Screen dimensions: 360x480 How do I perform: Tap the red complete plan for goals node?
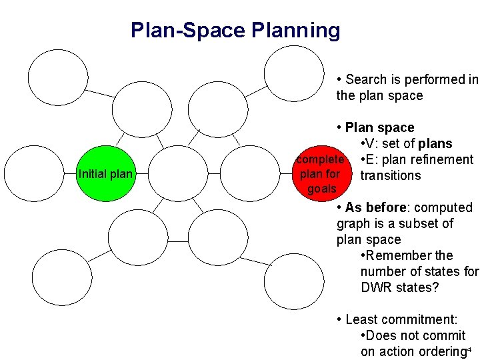tap(321, 173)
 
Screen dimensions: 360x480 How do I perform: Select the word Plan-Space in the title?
tap(189, 31)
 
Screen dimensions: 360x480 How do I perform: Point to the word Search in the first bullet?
tap(367, 80)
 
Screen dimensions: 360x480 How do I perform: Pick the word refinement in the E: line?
tap(440, 160)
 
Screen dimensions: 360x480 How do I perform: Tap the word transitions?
tap(391, 176)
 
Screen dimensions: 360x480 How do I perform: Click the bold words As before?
tap(375, 208)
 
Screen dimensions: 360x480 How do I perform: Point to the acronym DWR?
tap(376, 288)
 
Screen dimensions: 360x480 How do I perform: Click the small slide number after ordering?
tap(469, 349)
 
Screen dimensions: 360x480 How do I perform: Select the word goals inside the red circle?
tap(322, 189)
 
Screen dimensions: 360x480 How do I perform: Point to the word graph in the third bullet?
tap(353, 224)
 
